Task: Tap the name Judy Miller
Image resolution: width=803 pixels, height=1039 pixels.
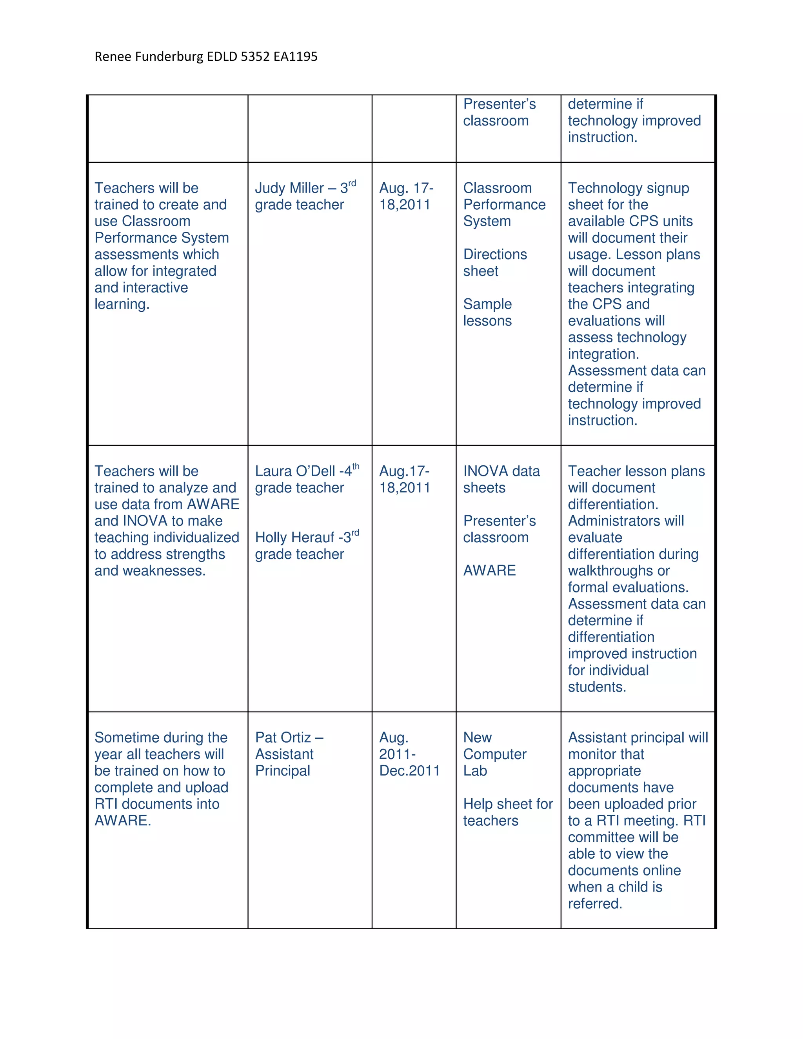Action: coord(289,188)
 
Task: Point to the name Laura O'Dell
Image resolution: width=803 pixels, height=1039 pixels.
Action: coord(295,471)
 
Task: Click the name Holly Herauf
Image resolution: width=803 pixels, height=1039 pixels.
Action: coord(295,538)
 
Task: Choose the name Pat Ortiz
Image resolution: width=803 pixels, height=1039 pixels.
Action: coord(283,738)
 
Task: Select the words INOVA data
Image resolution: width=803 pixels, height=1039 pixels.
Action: coord(501,471)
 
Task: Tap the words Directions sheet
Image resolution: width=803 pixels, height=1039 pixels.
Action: coord(495,263)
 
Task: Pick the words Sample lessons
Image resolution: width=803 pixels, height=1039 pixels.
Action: coord(488,312)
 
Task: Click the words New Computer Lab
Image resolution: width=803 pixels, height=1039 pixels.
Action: coord(495,754)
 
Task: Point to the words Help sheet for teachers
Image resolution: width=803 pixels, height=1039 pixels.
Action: coord(508,812)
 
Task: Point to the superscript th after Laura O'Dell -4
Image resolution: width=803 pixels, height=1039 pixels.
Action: coord(356,466)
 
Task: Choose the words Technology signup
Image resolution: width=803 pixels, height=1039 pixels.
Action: coord(629,188)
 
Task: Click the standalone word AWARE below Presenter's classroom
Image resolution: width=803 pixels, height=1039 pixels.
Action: coord(489,571)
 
